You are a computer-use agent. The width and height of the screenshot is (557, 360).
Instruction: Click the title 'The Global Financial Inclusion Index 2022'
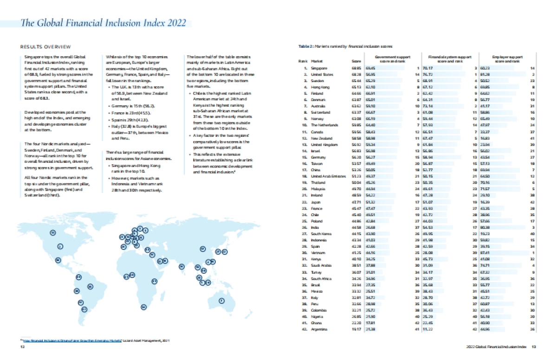click(x=104, y=23)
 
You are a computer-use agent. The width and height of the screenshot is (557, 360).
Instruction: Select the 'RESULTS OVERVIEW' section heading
click(x=45, y=46)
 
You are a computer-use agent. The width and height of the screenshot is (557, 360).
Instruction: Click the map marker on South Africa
click(x=144, y=307)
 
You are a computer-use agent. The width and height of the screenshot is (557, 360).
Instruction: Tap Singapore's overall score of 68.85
click(x=356, y=68)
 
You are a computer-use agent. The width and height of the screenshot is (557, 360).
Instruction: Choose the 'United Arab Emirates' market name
click(x=329, y=177)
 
